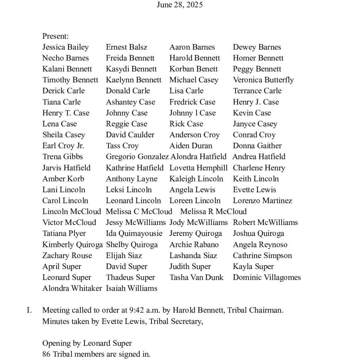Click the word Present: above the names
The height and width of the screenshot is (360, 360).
pos(55,36)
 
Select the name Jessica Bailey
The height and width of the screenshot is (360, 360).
pos(65,47)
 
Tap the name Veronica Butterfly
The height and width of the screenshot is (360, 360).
pos(263,80)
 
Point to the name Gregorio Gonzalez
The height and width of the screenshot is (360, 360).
pos(137,157)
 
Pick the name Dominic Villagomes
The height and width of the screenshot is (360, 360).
pos(266,277)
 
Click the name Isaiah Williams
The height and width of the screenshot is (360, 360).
pos(131,288)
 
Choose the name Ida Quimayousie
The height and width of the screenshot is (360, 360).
pos(134,233)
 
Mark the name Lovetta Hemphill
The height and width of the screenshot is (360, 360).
pos(198,168)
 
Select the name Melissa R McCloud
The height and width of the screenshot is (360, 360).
pos(213,212)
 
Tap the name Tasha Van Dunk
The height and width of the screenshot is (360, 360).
pos(196,277)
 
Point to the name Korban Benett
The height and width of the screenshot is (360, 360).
pos(193,69)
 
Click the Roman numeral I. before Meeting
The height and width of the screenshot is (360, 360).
pos(30,310)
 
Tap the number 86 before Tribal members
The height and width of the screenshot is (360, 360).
pos(46,354)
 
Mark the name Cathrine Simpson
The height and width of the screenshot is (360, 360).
pos(262,256)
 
